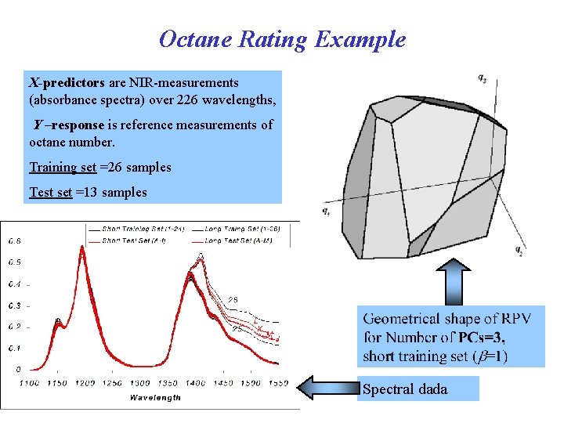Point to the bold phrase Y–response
(69, 125)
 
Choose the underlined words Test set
(51, 193)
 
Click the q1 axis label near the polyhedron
(325, 211)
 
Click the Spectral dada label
(404, 389)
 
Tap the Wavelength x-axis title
(155, 397)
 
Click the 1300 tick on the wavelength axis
(140, 383)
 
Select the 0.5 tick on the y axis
(15, 262)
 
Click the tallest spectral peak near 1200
(81, 249)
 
